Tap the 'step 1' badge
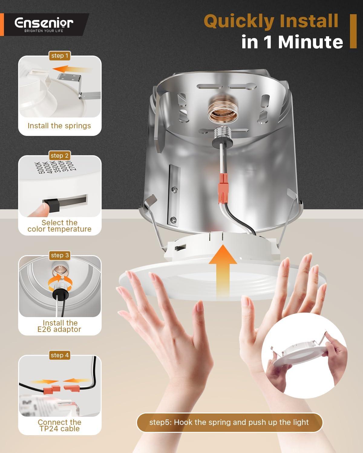60,56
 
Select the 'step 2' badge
60,156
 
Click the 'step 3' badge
60,255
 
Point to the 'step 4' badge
60,355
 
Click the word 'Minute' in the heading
310,42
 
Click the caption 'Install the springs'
59,126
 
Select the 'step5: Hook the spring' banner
230,422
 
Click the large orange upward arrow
223,271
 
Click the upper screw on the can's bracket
175,190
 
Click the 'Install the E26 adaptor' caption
59,326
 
